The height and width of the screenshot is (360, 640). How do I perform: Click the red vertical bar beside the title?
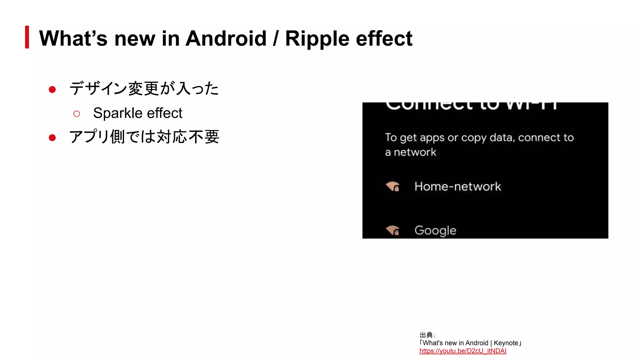pos(27,37)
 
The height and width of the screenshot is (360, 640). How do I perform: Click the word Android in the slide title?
pos(226,38)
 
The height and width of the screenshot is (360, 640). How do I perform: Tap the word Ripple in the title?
pos(317,39)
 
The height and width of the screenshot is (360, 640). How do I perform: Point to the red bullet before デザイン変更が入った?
pos(52,90)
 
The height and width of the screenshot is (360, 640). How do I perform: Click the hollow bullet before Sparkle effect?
pos(77,114)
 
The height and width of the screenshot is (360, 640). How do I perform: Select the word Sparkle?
pos(118,113)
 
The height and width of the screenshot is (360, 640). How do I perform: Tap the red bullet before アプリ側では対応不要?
pos(52,138)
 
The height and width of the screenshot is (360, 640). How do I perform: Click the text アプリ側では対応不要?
pos(144,137)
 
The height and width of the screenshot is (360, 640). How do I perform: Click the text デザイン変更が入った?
pos(144,88)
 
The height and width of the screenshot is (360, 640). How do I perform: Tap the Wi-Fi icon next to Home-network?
pos(392,186)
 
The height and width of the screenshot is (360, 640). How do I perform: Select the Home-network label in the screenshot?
pos(457,187)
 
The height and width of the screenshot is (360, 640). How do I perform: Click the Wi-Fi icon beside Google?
pos(392,230)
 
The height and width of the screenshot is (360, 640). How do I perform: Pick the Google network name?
pos(435,231)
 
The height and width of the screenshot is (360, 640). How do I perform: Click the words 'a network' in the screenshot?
pos(410,152)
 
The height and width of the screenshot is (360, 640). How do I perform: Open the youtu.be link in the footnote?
pos(463,351)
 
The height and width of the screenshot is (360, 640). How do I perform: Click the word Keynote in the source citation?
pos(506,343)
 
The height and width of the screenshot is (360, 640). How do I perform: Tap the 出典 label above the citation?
pos(426,335)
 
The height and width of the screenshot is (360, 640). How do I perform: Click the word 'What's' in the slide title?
pos(73,38)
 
